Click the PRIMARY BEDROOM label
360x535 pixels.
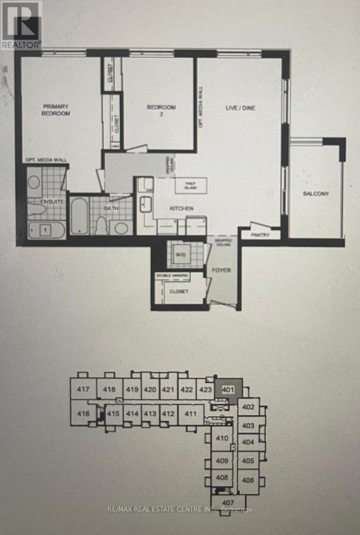tap(57, 110)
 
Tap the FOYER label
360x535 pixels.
tap(224, 270)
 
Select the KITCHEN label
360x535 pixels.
tap(182, 209)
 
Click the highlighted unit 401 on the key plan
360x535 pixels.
tap(228, 389)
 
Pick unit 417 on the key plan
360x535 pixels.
tap(83, 389)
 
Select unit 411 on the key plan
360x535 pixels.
tap(190, 414)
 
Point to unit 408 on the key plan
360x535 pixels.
tap(222, 477)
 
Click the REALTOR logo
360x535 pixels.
tap(21, 25)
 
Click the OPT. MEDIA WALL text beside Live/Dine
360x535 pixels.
tap(201, 107)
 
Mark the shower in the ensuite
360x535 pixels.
tap(46, 230)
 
